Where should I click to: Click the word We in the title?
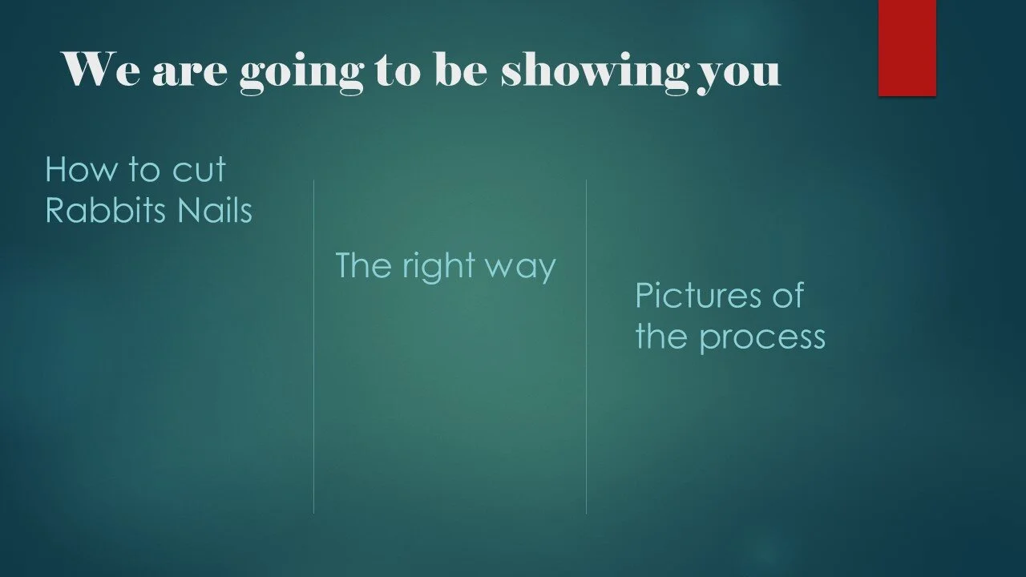[x=102, y=70]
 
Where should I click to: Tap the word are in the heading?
[x=189, y=73]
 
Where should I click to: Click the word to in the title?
[x=398, y=71]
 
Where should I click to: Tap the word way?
[x=523, y=268]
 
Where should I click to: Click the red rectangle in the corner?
[x=907, y=47]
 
